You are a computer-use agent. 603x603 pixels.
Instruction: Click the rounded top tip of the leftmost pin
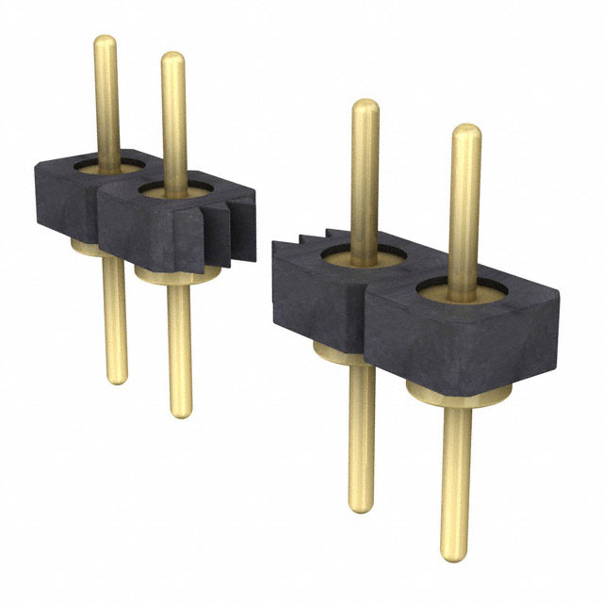point(106,41)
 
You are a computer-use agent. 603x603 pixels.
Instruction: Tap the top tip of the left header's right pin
point(172,57)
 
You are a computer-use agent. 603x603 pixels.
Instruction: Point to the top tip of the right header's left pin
point(366,106)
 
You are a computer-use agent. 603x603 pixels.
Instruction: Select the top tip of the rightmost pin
point(465,132)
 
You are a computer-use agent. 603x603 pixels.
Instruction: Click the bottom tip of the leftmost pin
point(115,379)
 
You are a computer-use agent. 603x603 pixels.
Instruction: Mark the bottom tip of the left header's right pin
point(181,411)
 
